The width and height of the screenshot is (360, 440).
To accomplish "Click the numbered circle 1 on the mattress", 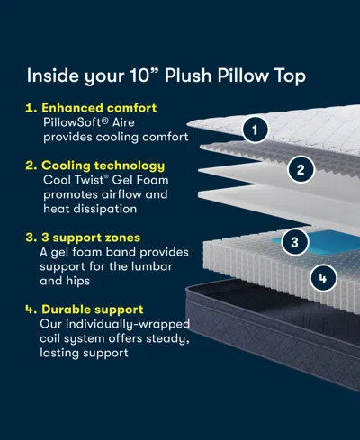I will pyautogui.click(x=256, y=130).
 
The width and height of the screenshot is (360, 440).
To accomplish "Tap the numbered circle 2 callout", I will pyautogui.click(x=301, y=168).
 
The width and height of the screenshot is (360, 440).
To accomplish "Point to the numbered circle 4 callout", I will pyautogui.click(x=322, y=278).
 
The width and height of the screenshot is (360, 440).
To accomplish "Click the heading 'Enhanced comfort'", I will pyautogui.click(x=98, y=108).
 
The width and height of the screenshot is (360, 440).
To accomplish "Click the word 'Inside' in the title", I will pyautogui.click(x=49, y=76).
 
